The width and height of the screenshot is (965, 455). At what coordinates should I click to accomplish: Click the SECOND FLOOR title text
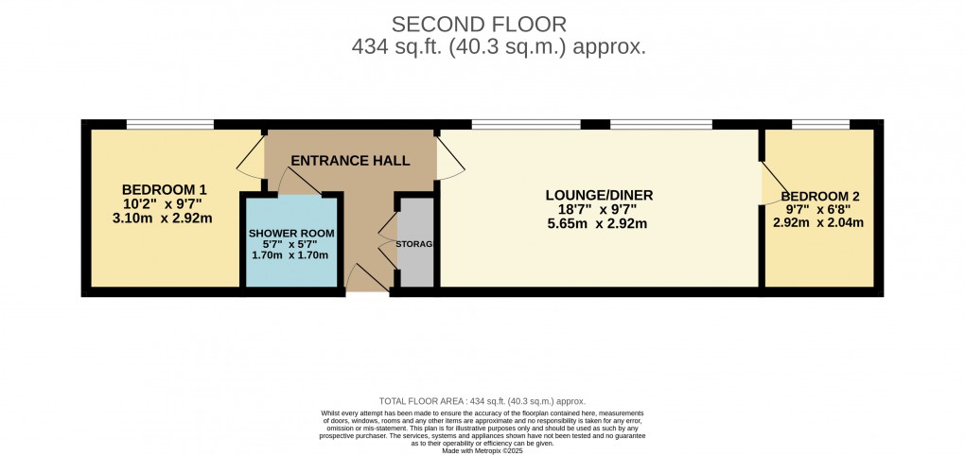[482, 23]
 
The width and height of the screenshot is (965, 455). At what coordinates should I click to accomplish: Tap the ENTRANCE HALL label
[350, 161]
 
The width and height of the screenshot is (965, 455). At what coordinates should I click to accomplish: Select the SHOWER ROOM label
[291, 233]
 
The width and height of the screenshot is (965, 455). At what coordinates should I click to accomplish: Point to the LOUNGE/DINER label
[599, 196]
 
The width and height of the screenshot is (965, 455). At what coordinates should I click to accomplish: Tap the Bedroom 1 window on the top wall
[170, 124]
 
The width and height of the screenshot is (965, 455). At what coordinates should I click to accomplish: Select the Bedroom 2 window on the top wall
[820, 124]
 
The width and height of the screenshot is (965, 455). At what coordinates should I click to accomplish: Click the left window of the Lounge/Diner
[526, 124]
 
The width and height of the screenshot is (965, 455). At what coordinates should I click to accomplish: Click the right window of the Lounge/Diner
[661, 124]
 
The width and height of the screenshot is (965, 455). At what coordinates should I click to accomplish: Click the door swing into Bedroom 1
[252, 156]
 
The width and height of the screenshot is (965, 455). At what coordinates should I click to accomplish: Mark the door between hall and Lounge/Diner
[450, 156]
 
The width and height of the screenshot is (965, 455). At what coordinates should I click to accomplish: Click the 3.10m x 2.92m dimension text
[162, 218]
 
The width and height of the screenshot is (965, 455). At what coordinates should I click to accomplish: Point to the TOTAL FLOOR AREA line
[482, 401]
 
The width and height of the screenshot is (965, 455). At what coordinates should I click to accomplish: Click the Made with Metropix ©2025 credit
[482, 450]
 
